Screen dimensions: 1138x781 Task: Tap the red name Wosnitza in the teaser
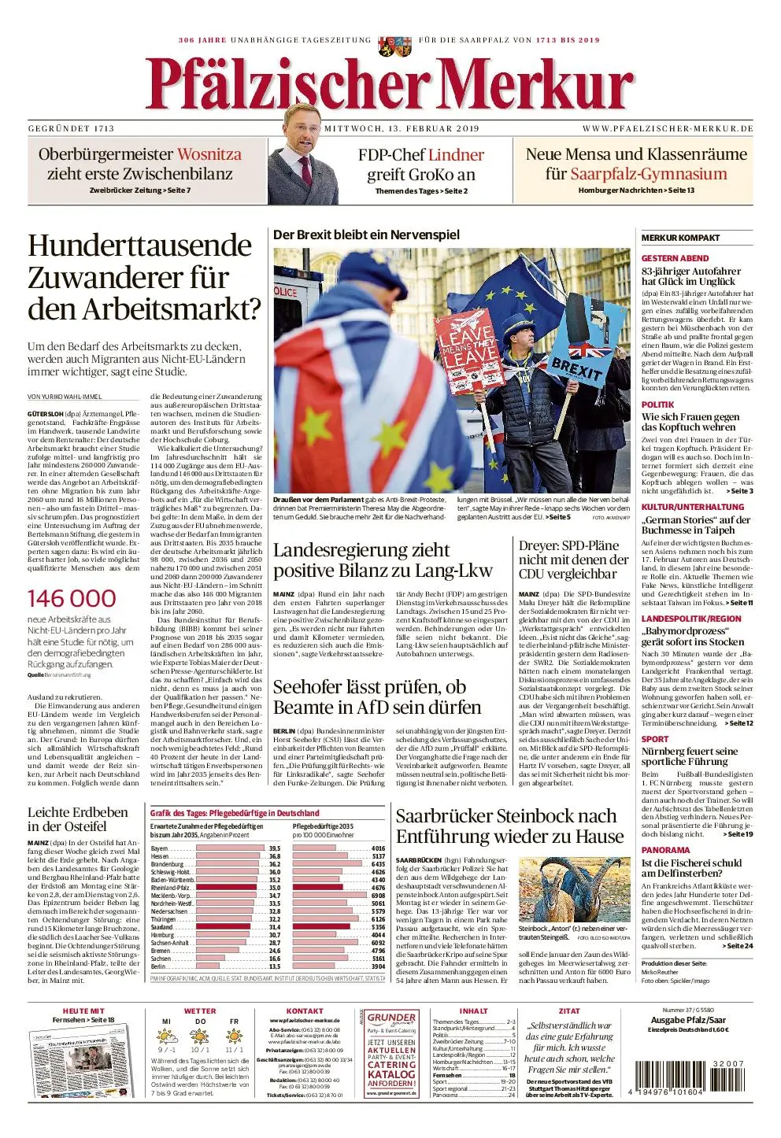(x=209, y=154)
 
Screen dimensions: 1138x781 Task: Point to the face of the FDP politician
(x=300, y=129)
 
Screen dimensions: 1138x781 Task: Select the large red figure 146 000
(x=72, y=598)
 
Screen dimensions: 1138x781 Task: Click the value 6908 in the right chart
(x=378, y=896)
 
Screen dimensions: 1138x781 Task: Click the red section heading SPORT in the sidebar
(x=654, y=739)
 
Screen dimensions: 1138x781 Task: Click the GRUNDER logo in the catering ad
(x=391, y=1019)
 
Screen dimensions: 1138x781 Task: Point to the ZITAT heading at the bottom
(x=568, y=1011)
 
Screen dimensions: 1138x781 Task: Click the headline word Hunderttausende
(x=139, y=246)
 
